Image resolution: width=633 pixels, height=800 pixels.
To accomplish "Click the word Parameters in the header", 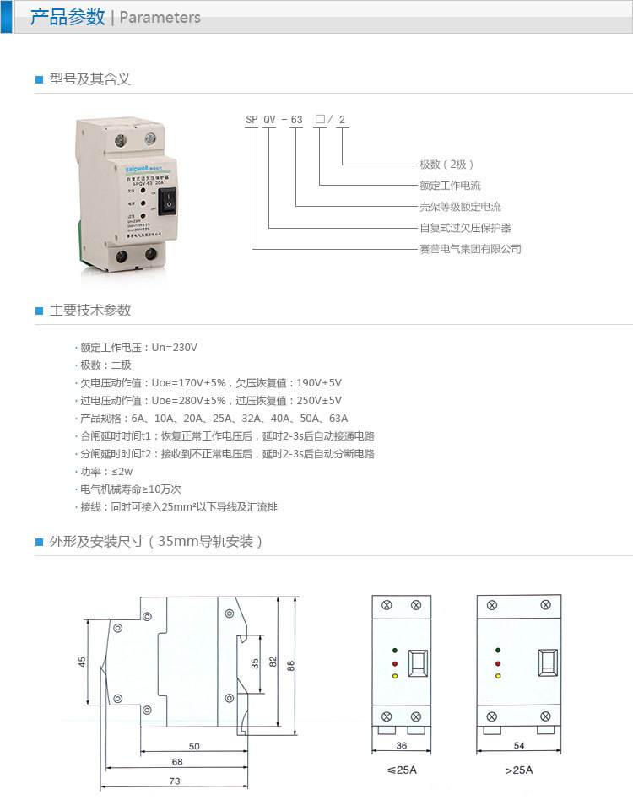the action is (x=160, y=18).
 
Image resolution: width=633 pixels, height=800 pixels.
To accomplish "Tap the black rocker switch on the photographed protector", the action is (x=168, y=201).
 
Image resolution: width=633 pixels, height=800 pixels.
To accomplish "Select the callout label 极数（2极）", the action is (x=447, y=165).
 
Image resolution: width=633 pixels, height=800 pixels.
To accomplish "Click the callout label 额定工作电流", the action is (x=450, y=186).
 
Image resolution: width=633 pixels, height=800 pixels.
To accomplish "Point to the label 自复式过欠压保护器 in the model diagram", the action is (x=465, y=228).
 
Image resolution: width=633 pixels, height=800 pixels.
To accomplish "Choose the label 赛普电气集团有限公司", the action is (x=470, y=249).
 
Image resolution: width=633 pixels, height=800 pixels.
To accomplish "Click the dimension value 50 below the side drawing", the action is (x=194, y=747).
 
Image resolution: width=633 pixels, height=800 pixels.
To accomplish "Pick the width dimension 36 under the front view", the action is (x=402, y=746).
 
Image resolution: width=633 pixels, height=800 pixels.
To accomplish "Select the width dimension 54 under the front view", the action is (x=518, y=746).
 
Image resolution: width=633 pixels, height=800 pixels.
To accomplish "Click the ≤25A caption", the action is (x=402, y=770).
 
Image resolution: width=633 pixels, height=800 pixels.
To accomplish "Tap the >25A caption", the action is (x=519, y=770).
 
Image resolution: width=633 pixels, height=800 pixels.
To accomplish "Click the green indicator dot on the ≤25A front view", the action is (x=394, y=651).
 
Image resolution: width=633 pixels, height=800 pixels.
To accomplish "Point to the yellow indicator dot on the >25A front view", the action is (x=499, y=676).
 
